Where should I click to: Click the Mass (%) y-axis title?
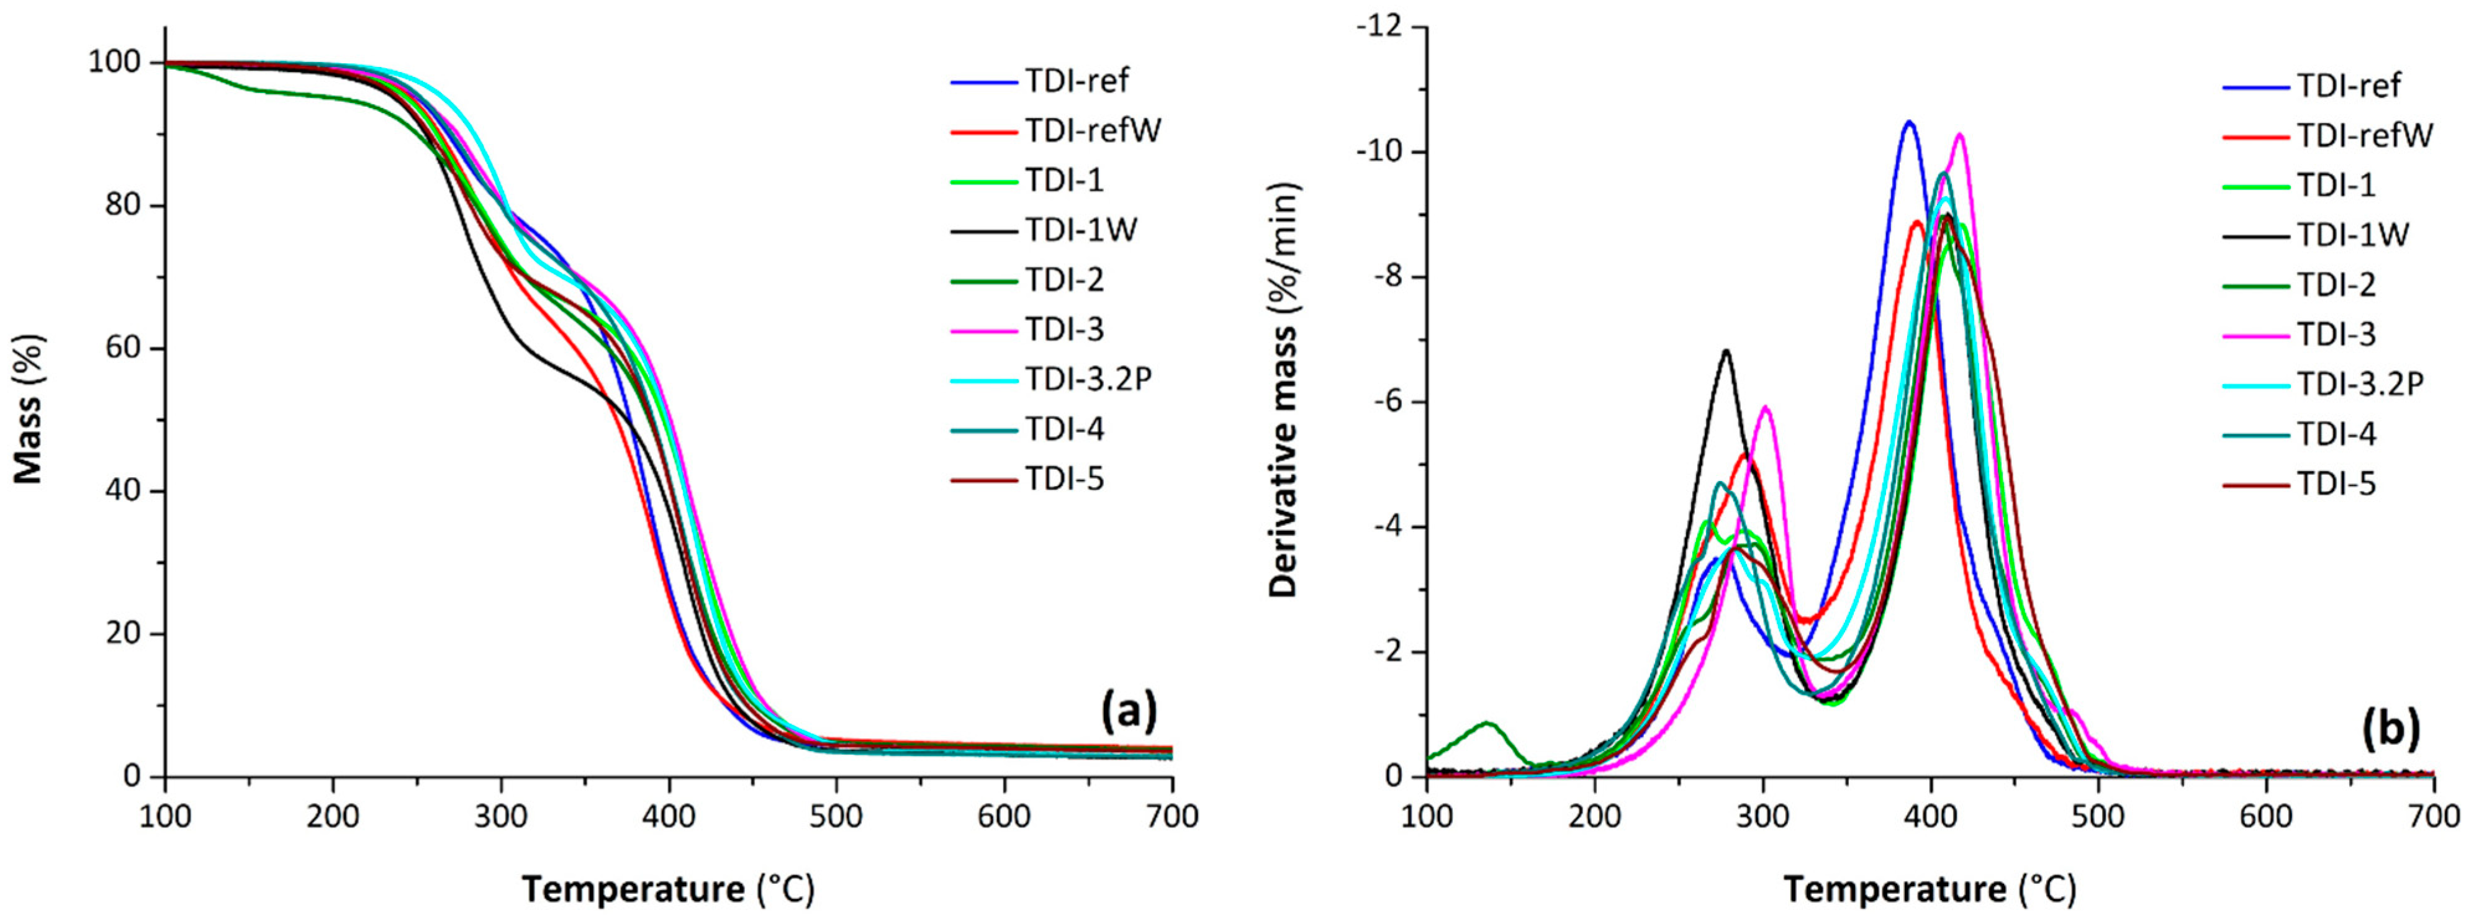point(29,408)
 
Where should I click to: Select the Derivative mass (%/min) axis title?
point(1283,391)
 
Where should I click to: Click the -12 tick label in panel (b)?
point(1376,28)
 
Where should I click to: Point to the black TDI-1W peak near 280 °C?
point(1726,351)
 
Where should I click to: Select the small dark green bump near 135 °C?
point(1487,724)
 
